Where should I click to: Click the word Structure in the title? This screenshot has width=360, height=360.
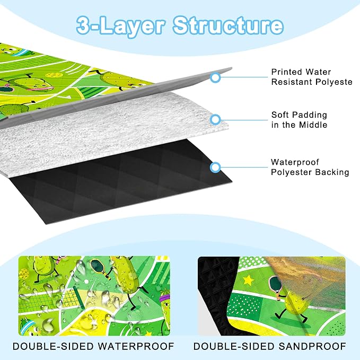click(228, 25)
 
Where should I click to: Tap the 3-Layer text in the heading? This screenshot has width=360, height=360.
click(120, 25)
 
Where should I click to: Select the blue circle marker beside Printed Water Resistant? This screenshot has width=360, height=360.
click(215, 77)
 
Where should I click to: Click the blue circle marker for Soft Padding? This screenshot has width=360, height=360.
click(215, 120)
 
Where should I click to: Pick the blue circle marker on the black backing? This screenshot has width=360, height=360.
click(215, 167)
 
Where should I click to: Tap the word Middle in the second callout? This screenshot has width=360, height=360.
click(313, 125)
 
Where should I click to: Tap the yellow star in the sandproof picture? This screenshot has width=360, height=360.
click(248, 280)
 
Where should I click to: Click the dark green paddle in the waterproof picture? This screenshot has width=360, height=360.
click(98, 266)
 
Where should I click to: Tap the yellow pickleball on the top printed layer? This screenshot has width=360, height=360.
click(51, 75)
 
